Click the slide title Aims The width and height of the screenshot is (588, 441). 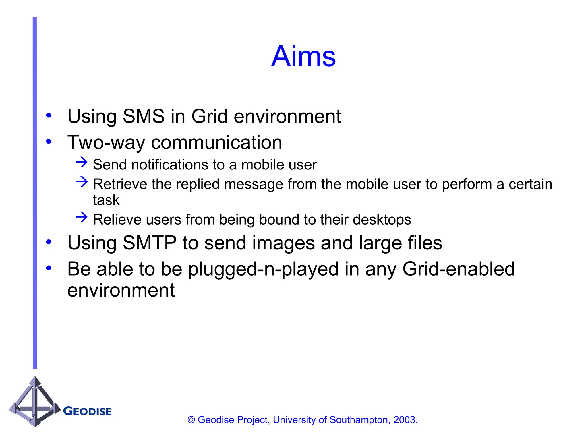pos(303,56)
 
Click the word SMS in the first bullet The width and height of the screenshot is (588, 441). pos(144,116)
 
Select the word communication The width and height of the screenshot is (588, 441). pos(216,143)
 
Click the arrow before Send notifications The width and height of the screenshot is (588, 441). pos(82,163)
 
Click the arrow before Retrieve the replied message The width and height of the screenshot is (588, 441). pos(82,182)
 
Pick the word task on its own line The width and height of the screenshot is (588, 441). pos(106,200)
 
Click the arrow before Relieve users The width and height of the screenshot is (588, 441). pos(82,217)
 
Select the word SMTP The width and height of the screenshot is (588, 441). pos(149,243)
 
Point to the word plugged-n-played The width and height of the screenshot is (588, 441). pos(263,269)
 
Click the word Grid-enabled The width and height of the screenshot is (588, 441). pos(458,269)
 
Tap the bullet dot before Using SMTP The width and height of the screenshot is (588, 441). pos(49,242)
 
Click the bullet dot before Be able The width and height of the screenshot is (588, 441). pos(49,268)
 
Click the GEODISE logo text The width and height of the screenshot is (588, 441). pos(87,411)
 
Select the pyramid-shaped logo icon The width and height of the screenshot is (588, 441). pos(35,402)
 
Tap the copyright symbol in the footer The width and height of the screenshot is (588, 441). pos(191,420)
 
